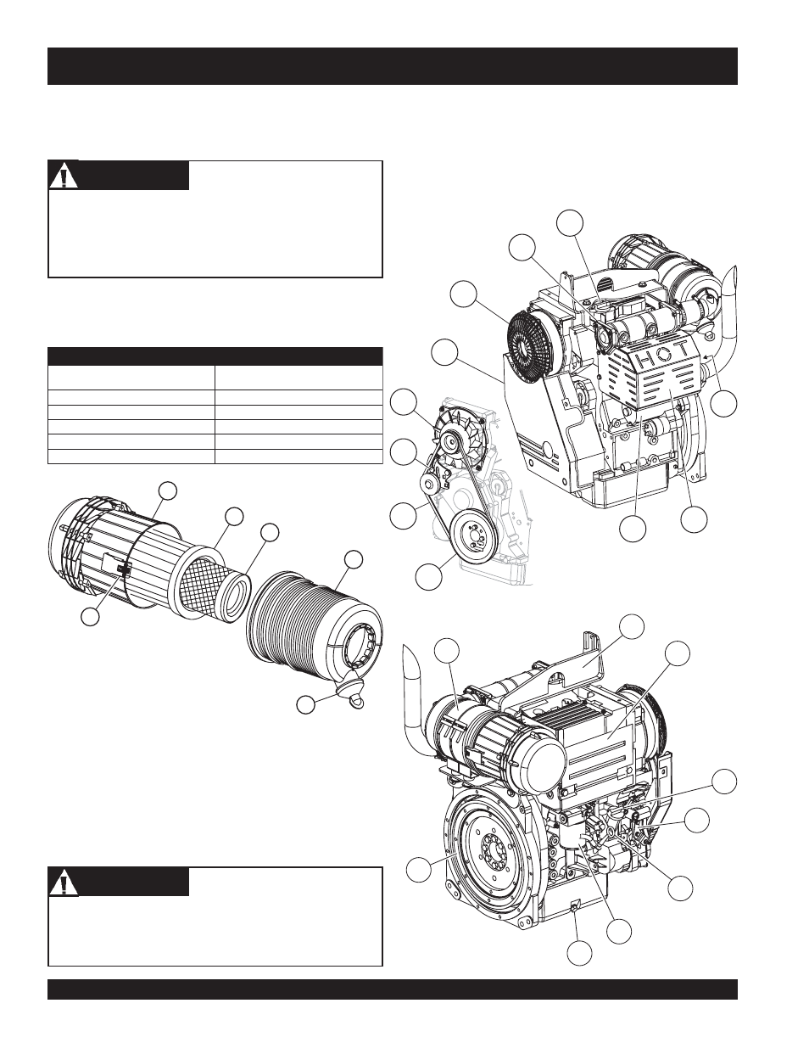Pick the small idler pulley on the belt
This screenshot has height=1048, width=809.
(x=432, y=485)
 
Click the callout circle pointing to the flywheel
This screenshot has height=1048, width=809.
(x=417, y=869)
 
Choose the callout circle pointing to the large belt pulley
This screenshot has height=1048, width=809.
(x=428, y=577)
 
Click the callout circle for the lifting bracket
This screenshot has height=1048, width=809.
(x=631, y=626)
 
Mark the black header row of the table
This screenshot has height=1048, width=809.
(x=215, y=356)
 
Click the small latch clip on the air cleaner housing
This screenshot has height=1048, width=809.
(x=125, y=571)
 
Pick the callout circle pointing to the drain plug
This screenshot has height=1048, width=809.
(x=579, y=953)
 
